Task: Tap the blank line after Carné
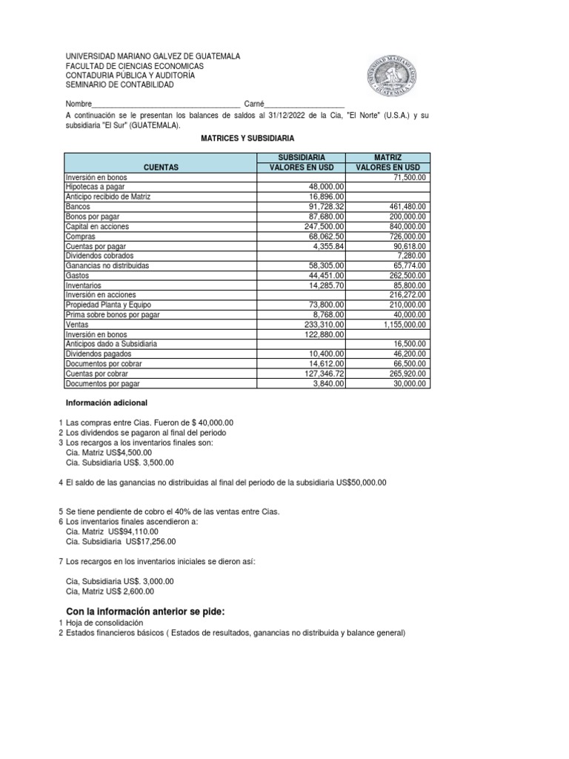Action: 305,105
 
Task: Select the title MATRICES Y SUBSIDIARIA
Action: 247,139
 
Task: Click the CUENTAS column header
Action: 161,168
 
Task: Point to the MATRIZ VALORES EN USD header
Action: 388,162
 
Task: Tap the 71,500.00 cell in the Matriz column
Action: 407,178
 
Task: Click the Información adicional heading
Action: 107,403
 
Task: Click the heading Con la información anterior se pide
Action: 145,611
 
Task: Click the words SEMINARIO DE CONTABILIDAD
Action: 119,85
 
